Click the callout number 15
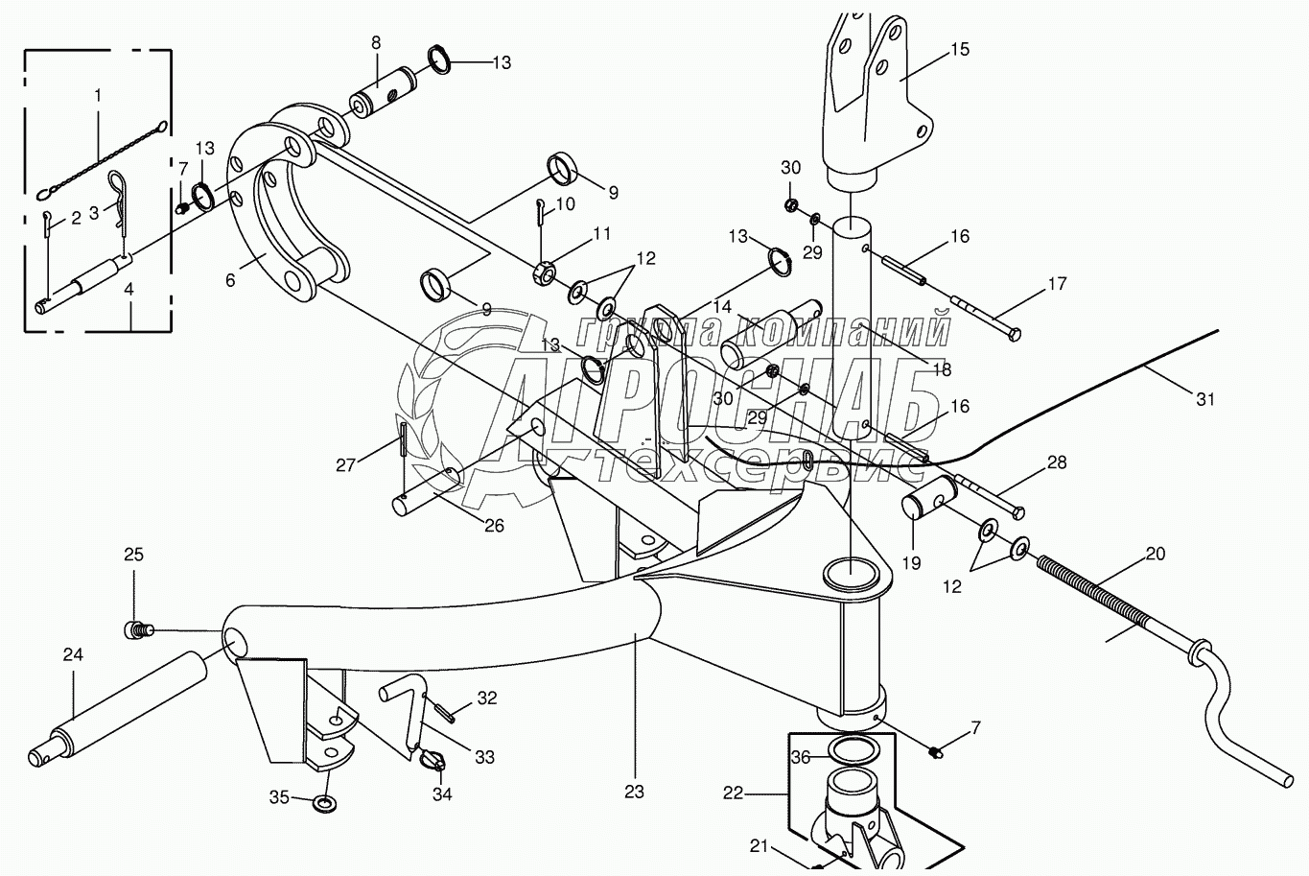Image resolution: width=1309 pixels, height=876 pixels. pyautogui.click(x=960, y=49)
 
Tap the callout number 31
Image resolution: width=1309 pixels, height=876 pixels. pyautogui.click(x=1205, y=399)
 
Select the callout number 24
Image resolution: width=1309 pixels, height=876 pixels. pyautogui.click(x=73, y=655)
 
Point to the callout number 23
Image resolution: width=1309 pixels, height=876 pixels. pyautogui.click(x=634, y=792)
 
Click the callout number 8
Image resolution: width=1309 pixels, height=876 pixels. pyautogui.click(x=376, y=42)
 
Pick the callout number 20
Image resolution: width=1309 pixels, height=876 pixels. pyautogui.click(x=1156, y=554)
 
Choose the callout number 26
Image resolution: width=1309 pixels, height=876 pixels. pyautogui.click(x=494, y=526)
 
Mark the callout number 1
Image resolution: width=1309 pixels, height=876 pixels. pyautogui.click(x=98, y=94)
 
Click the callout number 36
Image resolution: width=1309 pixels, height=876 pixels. pyautogui.click(x=801, y=757)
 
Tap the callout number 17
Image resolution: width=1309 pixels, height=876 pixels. pyautogui.click(x=1057, y=284)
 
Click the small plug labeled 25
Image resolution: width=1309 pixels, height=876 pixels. pyautogui.click(x=137, y=630)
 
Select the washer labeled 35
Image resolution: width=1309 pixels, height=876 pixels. pyautogui.click(x=326, y=801)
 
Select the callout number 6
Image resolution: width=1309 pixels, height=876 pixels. pyautogui.click(x=230, y=280)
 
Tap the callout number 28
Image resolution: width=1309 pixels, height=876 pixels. pyautogui.click(x=1057, y=462)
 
